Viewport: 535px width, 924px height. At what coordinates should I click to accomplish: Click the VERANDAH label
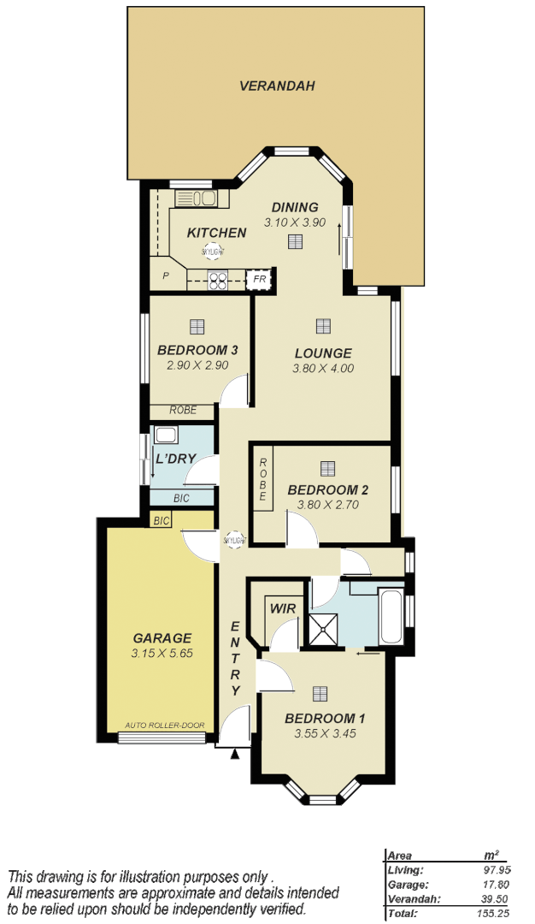(277, 86)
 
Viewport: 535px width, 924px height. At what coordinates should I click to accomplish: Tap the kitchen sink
(196, 198)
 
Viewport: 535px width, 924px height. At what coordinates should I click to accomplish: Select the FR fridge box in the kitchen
(259, 280)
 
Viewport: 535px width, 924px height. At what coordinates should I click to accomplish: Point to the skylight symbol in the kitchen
(212, 252)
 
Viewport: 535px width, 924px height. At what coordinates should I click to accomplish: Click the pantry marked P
(166, 276)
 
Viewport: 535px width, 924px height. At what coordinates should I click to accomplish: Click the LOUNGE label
(323, 353)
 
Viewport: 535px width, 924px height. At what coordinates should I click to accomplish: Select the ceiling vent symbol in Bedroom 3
(197, 326)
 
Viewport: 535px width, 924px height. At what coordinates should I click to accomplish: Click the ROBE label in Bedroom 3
(183, 411)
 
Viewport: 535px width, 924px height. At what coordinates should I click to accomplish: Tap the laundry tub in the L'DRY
(165, 435)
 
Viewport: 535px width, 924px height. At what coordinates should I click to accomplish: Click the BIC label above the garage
(161, 520)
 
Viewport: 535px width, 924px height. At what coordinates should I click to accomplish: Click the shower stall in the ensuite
(322, 630)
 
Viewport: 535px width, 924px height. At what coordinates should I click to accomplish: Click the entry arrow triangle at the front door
(235, 754)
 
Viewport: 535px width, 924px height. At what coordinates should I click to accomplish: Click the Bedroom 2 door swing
(301, 535)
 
